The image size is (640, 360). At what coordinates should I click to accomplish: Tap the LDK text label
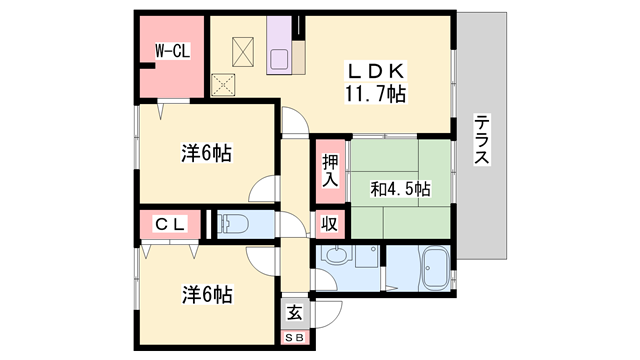tap(375, 72)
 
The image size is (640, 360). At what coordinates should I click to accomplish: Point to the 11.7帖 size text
tap(376, 96)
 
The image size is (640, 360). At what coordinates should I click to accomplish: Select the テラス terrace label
tap(482, 140)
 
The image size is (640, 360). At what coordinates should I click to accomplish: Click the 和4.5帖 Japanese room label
tap(401, 188)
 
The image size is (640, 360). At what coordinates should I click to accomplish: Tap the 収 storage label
tap(329, 224)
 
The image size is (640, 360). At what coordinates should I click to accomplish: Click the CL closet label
tap(170, 225)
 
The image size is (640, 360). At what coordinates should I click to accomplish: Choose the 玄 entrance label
tap(295, 312)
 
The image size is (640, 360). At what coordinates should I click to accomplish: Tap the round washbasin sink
tap(337, 258)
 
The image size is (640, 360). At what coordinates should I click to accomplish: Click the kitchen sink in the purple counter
tap(279, 57)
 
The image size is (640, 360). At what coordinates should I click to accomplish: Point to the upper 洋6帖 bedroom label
tap(207, 154)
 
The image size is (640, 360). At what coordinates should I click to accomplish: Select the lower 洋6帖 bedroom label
tap(207, 295)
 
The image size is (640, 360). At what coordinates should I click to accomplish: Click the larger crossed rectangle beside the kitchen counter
tap(245, 49)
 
